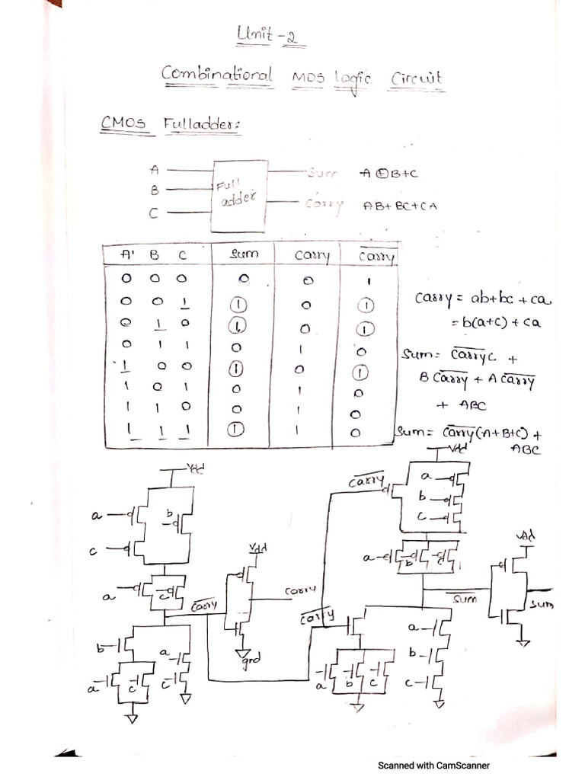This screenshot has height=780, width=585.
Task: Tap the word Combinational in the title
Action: [216, 75]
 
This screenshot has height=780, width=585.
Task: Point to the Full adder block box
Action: [240, 196]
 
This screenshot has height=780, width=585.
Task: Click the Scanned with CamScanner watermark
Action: [433, 766]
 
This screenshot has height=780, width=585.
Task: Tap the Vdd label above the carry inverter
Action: [257, 549]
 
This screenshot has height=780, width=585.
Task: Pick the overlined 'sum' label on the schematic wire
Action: [464, 599]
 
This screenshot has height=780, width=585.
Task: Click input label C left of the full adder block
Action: [153, 214]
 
